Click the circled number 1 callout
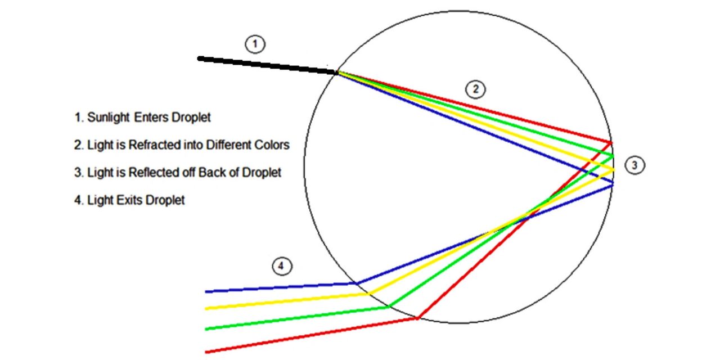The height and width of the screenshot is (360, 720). pyautogui.click(x=255, y=44)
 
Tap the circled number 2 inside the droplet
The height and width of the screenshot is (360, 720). pyautogui.click(x=476, y=89)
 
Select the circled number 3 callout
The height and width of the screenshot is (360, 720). pyautogui.click(x=634, y=165)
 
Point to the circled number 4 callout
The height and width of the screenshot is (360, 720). pyautogui.click(x=282, y=266)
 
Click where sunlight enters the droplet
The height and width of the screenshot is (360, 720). pyautogui.click(x=337, y=73)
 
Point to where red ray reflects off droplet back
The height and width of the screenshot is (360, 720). pyautogui.click(x=611, y=142)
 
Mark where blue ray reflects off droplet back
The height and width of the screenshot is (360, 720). pyautogui.click(x=613, y=184)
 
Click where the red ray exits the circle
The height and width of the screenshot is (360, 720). pyautogui.click(x=417, y=318)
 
